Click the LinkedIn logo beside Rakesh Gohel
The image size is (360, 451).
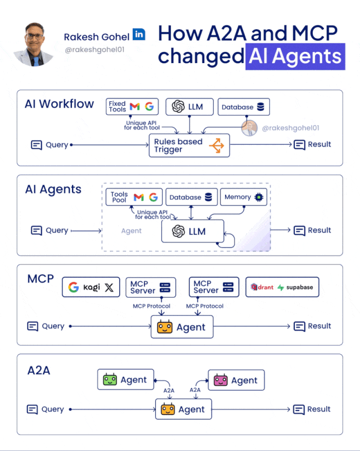pyautogui.click(x=138, y=34)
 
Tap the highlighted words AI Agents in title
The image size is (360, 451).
pyautogui.click(x=295, y=56)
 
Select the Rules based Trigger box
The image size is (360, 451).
pyautogui.click(x=188, y=146)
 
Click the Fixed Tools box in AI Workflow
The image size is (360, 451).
pyautogui.click(x=132, y=106)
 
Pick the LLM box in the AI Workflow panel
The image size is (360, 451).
pyautogui.click(x=189, y=106)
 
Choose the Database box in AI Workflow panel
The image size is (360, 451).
pyautogui.click(x=243, y=107)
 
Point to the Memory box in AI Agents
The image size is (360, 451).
pyautogui.click(x=244, y=197)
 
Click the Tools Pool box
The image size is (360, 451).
pyautogui.click(x=134, y=197)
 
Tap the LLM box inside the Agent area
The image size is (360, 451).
pyautogui.click(x=192, y=231)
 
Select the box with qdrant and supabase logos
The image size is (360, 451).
pyautogui.click(x=282, y=287)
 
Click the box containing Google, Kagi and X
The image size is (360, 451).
pyautogui.click(x=91, y=287)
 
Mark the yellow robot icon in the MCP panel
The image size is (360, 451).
pyautogui.click(x=164, y=327)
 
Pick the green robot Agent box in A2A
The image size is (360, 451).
pyautogui.click(x=125, y=380)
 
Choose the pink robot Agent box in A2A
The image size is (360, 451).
pyautogui.click(x=236, y=380)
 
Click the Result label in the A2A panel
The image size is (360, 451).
pyautogui.click(x=319, y=409)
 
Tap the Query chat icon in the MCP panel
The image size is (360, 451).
pyautogui.click(x=33, y=326)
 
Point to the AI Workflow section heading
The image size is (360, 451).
pyautogui.click(x=59, y=104)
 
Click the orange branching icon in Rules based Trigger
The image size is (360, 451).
pyautogui.click(x=216, y=146)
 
